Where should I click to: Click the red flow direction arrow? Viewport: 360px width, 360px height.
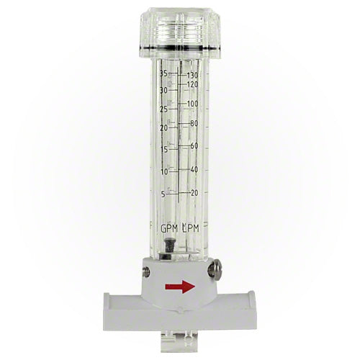(180, 287)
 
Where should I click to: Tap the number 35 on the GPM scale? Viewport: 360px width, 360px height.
(164, 73)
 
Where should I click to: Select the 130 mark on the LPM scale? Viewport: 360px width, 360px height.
(192, 76)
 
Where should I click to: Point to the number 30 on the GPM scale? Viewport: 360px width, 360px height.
(164, 91)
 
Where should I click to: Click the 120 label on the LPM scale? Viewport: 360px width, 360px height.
(192, 84)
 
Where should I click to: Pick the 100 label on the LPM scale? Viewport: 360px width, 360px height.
(192, 104)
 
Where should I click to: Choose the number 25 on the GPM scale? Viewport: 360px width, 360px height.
(164, 109)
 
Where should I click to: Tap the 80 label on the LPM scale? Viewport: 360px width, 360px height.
(194, 124)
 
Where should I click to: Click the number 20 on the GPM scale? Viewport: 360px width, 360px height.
(164, 128)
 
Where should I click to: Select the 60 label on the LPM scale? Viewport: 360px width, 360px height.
(194, 145)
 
